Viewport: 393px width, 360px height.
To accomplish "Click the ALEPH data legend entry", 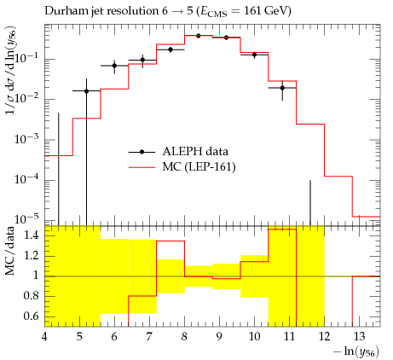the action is point(178,152).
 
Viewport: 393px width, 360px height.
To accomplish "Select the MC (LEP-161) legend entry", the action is point(182,167).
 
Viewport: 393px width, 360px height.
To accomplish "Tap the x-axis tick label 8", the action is point(184,337).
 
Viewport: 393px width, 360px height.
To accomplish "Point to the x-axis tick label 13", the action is point(359,337).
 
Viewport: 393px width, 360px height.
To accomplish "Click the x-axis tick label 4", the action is point(44,337).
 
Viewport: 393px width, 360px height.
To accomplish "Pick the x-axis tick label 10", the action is point(254,337).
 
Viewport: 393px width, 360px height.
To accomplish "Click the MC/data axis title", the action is point(10,252).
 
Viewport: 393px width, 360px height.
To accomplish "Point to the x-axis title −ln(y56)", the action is point(356,351).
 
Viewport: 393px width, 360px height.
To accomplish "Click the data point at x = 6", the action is point(114,66).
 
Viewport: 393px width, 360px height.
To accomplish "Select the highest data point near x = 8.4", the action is point(199,36).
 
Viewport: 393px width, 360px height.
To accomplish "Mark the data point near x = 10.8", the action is point(282,88).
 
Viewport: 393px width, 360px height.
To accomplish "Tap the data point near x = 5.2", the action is point(87,91).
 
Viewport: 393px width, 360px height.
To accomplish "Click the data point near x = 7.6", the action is point(170,49).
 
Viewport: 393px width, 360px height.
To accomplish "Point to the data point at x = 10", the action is point(254,55).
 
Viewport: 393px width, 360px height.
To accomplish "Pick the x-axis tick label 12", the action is point(324,337).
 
